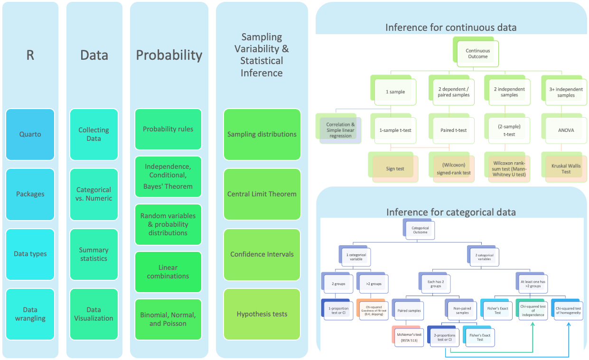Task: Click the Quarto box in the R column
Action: (30, 134)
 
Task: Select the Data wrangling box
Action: (30, 314)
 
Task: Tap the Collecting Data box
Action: (93, 134)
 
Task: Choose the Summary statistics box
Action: (93, 254)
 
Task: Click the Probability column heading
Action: (169, 55)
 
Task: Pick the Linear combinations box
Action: (168, 272)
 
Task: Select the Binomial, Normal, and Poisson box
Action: (168, 319)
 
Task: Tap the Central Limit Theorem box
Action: (262, 194)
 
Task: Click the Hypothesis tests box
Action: (262, 314)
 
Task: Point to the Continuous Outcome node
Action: (477, 54)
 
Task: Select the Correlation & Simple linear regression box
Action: (340, 130)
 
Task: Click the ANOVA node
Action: (566, 130)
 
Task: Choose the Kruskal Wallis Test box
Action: (566, 169)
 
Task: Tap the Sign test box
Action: (394, 169)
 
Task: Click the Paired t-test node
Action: (454, 130)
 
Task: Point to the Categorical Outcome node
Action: (420, 230)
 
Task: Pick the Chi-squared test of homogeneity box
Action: (568, 311)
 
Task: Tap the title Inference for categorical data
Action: (451, 212)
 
